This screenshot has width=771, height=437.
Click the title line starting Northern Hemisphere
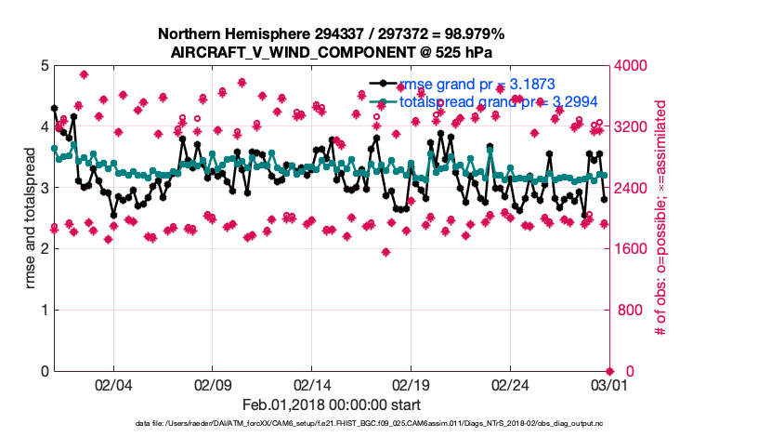point(333,34)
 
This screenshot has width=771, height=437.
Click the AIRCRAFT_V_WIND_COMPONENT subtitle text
point(333,51)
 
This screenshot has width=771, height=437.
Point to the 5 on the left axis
point(44,66)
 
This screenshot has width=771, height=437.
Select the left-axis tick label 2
point(44,249)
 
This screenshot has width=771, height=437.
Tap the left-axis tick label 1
point(44,311)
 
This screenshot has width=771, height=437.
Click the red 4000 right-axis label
point(634,66)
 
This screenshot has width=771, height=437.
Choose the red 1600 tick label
point(634,249)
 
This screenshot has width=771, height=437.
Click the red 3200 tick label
point(634,127)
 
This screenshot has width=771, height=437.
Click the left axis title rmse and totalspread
point(31,218)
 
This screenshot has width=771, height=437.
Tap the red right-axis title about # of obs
point(661,218)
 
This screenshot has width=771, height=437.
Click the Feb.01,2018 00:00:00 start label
point(333,405)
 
